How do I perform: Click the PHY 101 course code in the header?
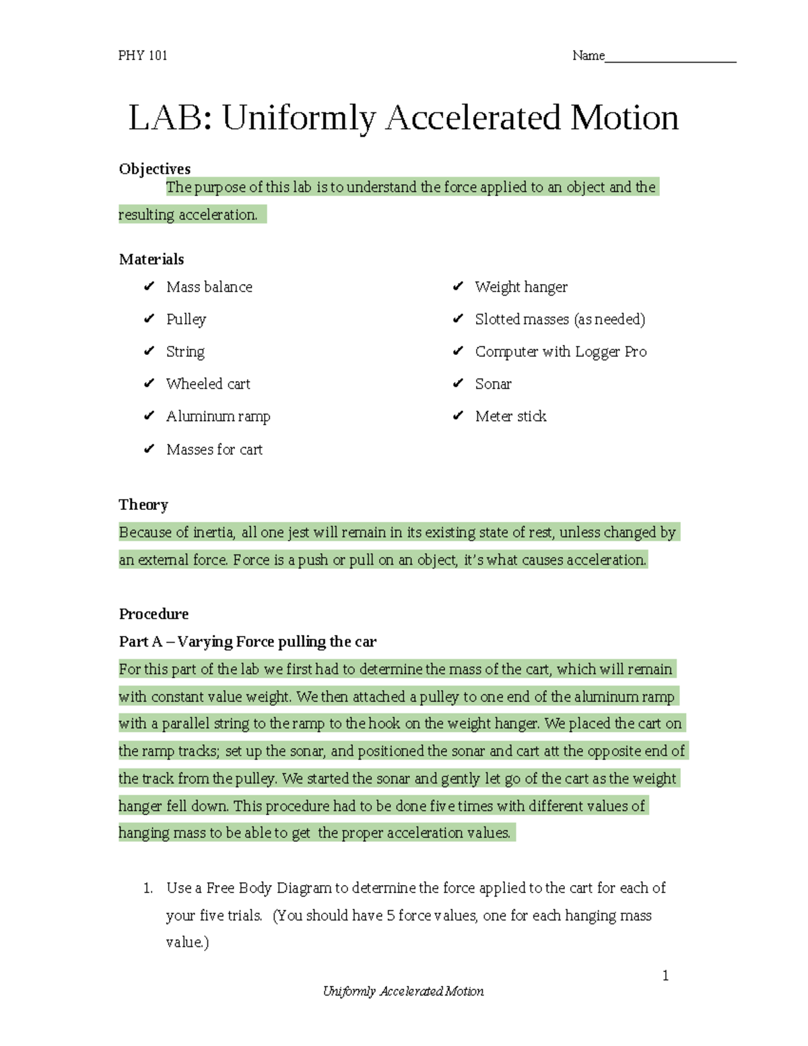click(x=143, y=56)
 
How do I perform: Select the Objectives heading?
click(x=155, y=169)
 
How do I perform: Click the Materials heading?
click(x=151, y=259)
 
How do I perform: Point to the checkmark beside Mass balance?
click(x=149, y=287)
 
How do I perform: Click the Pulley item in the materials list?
click(x=186, y=319)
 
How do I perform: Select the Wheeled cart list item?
click(x=208, y=384)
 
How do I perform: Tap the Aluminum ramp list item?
click(x=218, y=416)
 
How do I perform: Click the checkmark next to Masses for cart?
click(x=149, y=449)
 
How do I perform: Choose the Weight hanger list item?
click(x=521, y=287)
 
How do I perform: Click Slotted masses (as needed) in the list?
click(x=560, y=319)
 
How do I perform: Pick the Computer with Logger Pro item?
click(x=561, y=352)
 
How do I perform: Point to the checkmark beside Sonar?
click(x=458, y=384)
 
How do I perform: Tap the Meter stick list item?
click(x=510, y=416)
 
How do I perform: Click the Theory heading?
click(x=143, y=505)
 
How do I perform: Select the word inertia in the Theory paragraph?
click(x=213, y=533)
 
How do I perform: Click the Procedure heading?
click(x=154, y=614)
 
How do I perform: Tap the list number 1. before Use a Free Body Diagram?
click(x=148, y=888)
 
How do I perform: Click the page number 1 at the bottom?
click(x=665, y=976)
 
